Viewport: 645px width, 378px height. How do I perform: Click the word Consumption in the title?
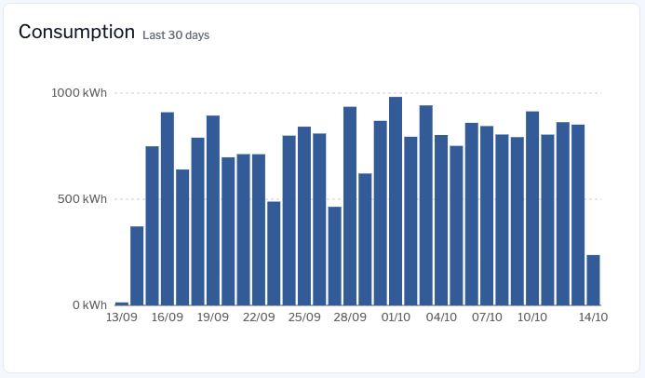pyautogui.click(x=76, y=32)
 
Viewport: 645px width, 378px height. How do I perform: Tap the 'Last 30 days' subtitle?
pyautogui.click(x=176, y=35)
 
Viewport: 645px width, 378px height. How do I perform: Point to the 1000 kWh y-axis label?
pyautogui.click(x=80, y=93)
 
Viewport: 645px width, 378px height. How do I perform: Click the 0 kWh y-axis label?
pyautogui.click(x=89, y=305)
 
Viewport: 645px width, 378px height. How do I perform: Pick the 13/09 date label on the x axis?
pyautogui.click(x=121, y=317)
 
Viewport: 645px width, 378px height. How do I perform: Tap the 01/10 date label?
pyautogui.click(x=396, y=317)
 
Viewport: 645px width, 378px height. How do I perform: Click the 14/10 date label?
pyautogui.click(x=594, y=317)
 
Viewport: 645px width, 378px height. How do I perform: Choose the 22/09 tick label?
pyautogui.click(x=259, y=317)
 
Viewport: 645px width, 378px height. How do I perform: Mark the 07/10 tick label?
pyautogui.click(x=487, y=317)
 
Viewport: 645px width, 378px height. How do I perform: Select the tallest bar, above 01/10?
pyautogui.click(x=396, y=201)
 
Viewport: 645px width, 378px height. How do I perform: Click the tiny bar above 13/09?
pyautogui.click(x=122, y=304)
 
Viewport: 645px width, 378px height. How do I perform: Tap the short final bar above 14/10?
pyautogui.click(x=593, y=280)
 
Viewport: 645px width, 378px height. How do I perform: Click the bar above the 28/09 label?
pyautogui.click(x=350, y=206)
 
